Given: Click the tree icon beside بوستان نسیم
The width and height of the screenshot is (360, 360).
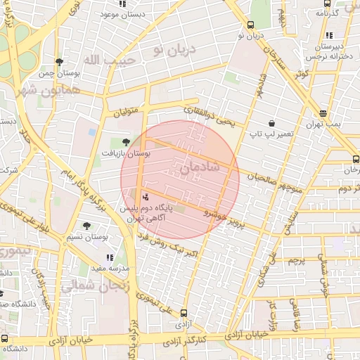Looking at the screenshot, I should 86,226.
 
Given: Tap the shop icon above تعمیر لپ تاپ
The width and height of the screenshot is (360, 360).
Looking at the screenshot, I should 271,122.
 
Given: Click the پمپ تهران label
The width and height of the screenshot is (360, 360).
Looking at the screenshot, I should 322,123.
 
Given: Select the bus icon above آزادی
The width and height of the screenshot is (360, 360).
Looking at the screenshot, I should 184,314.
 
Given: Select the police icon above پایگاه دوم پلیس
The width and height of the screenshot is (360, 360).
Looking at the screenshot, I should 146,196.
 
